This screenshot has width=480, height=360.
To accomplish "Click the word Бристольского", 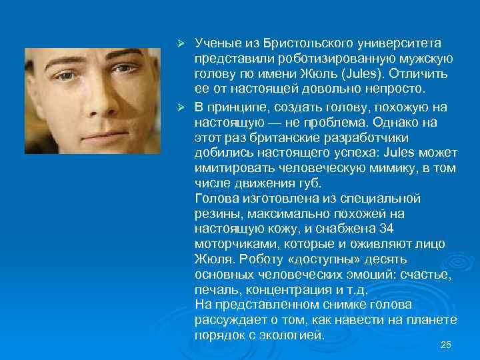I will (x=301, y=43).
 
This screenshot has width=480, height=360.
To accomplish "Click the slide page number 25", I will (x=446, y=344).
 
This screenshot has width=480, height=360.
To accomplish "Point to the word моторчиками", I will (x=229, y=243).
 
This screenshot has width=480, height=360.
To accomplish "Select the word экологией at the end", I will (x=291, y=335).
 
